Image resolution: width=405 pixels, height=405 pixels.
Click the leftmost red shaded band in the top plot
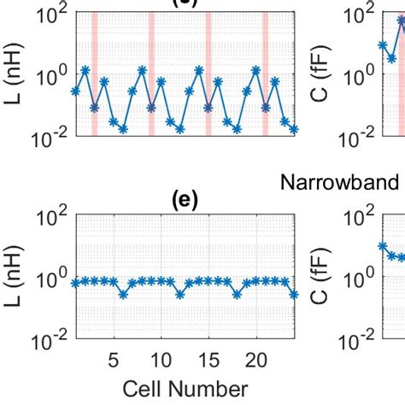click(94, 73)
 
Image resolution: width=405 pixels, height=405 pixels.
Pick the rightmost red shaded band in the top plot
click(266, 73)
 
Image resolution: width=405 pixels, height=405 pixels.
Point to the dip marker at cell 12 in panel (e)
click(180, 295)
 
